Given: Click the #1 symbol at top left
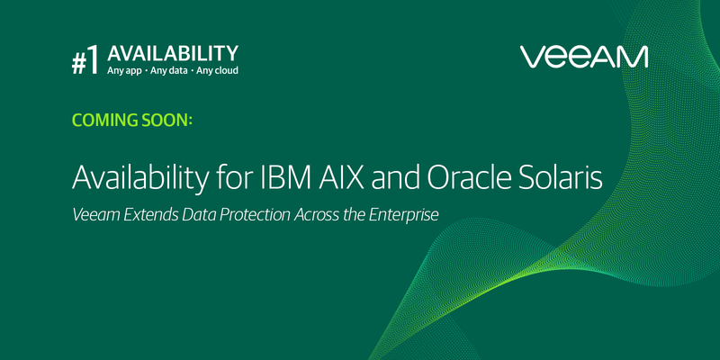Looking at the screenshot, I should tap(86, 61).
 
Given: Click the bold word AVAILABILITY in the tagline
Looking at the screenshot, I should tap(173, 53).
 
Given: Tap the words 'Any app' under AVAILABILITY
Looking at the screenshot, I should tap(127, 70).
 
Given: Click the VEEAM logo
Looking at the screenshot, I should tap(584, 57).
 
